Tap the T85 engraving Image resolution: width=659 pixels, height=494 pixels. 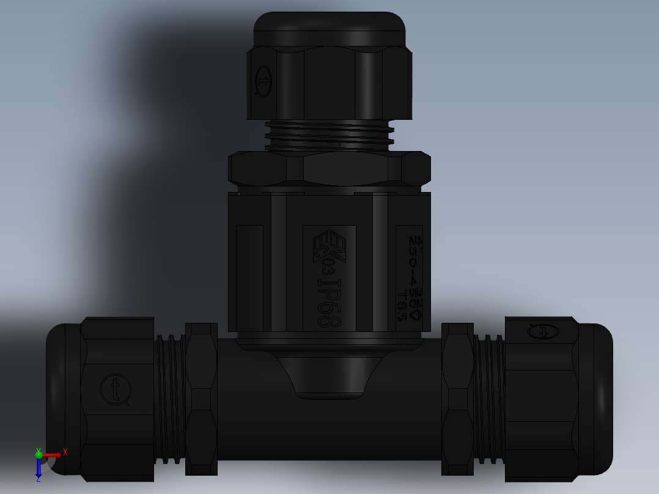pyautogui.click(x=402, y=306)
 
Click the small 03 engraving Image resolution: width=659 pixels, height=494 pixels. pyautogui.click(x=328, y=267)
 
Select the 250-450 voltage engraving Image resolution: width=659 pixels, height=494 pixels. pyautogui.click(x=413, y=263)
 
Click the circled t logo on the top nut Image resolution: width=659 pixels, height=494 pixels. pyautogui.click(x=263, y=81)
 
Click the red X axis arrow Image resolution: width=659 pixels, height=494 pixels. pyautogui.click(x=53, y=454)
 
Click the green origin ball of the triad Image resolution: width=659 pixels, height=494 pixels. pyautogui.click(x=39, y=454)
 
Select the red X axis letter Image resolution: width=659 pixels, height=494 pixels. pyautogui.click(x=65, y=452)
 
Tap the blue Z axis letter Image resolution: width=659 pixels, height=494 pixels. pyautogui.click(x=38, y=479)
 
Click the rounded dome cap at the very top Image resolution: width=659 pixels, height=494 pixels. pyautogui.click(x=330, y=28)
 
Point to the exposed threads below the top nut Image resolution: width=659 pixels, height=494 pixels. pyautogui.click(x=330, y=135)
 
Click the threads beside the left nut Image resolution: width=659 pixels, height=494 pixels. pyautogui.click(x=169, y=397)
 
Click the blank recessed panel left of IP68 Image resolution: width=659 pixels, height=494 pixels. pyautogui.click(x=249, y=278)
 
